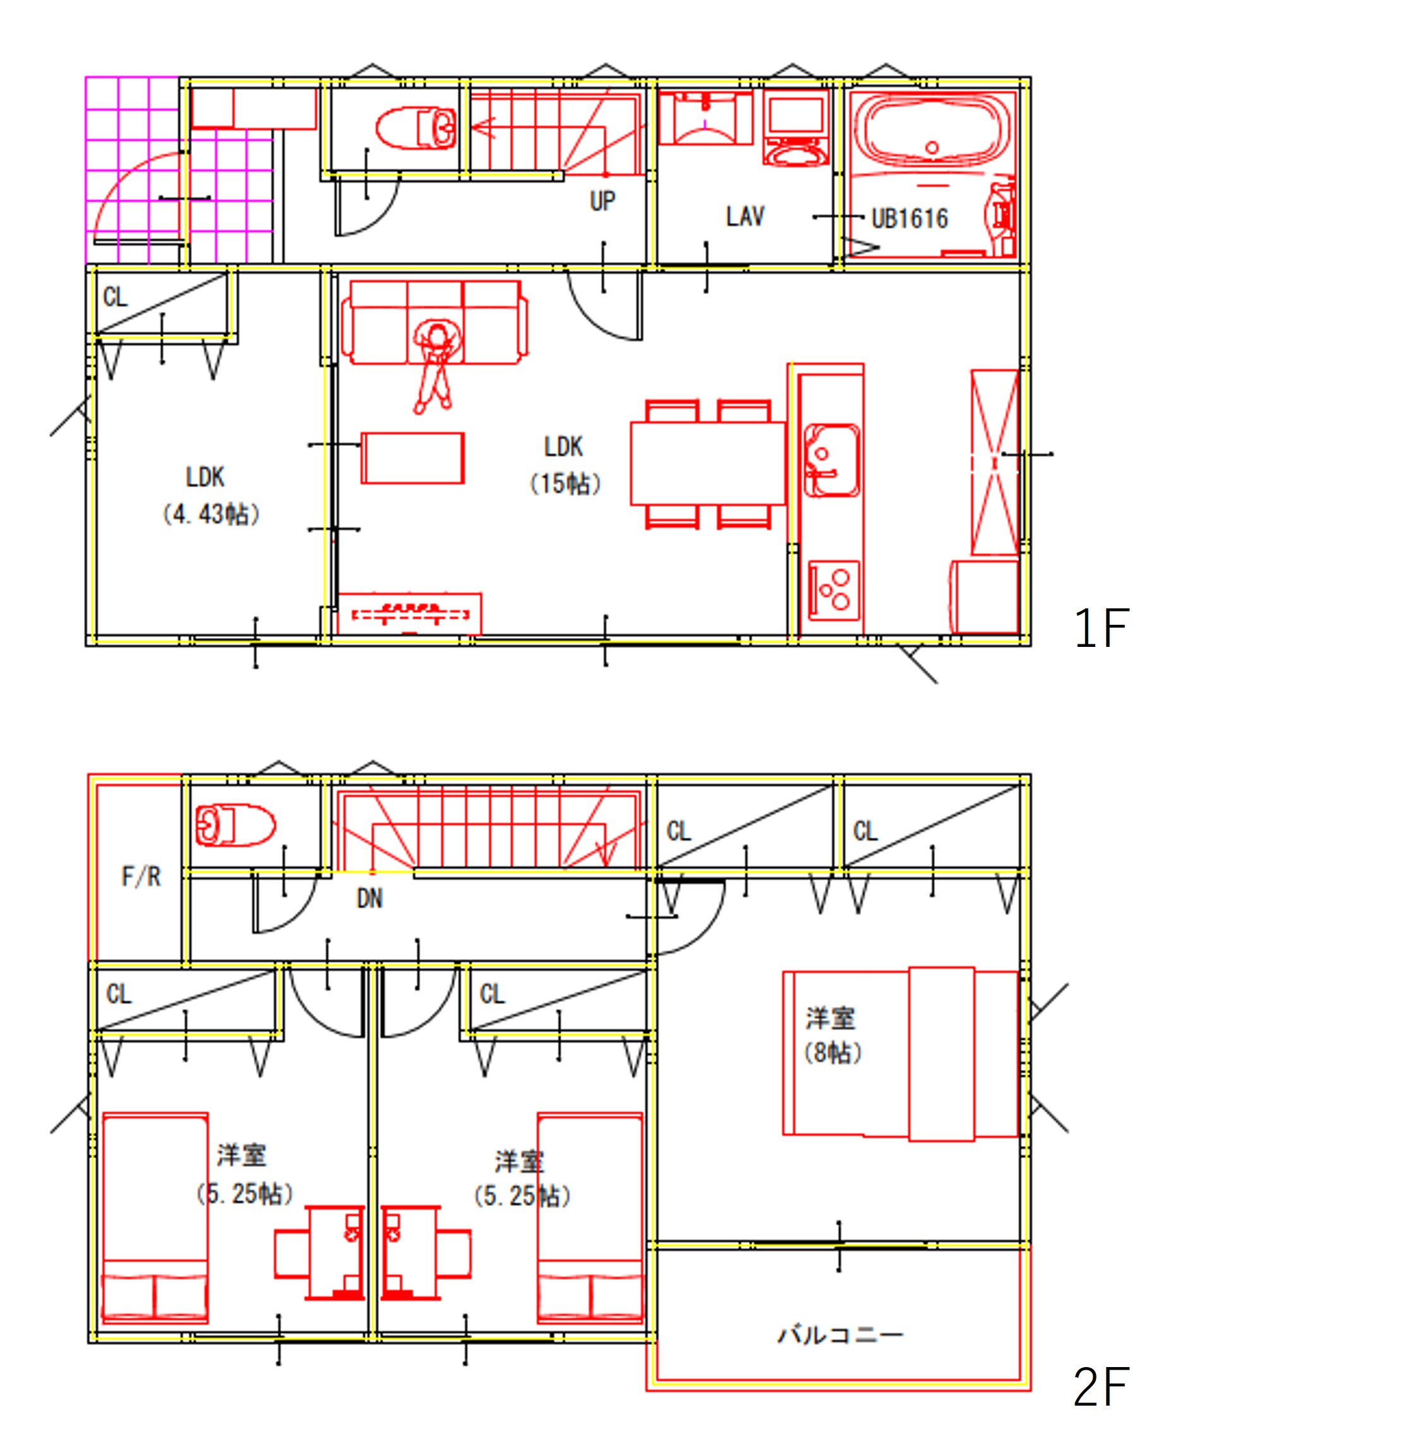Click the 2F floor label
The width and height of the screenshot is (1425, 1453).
[x=1100, y=1387]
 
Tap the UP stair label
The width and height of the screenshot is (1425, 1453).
[x=603, y=201]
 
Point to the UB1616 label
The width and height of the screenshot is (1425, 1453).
[x=910, y=219]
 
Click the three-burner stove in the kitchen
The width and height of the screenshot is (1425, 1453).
[x=834, y=587]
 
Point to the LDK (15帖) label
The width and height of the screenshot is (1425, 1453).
[x=564, y=465]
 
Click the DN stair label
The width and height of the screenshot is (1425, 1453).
[x=370, y=898]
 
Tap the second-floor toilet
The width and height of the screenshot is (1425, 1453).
[x=234, y=825]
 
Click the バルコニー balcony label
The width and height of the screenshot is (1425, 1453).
[x=841, y=1334]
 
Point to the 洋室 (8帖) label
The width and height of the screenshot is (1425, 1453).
[x=831, y=1035]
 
